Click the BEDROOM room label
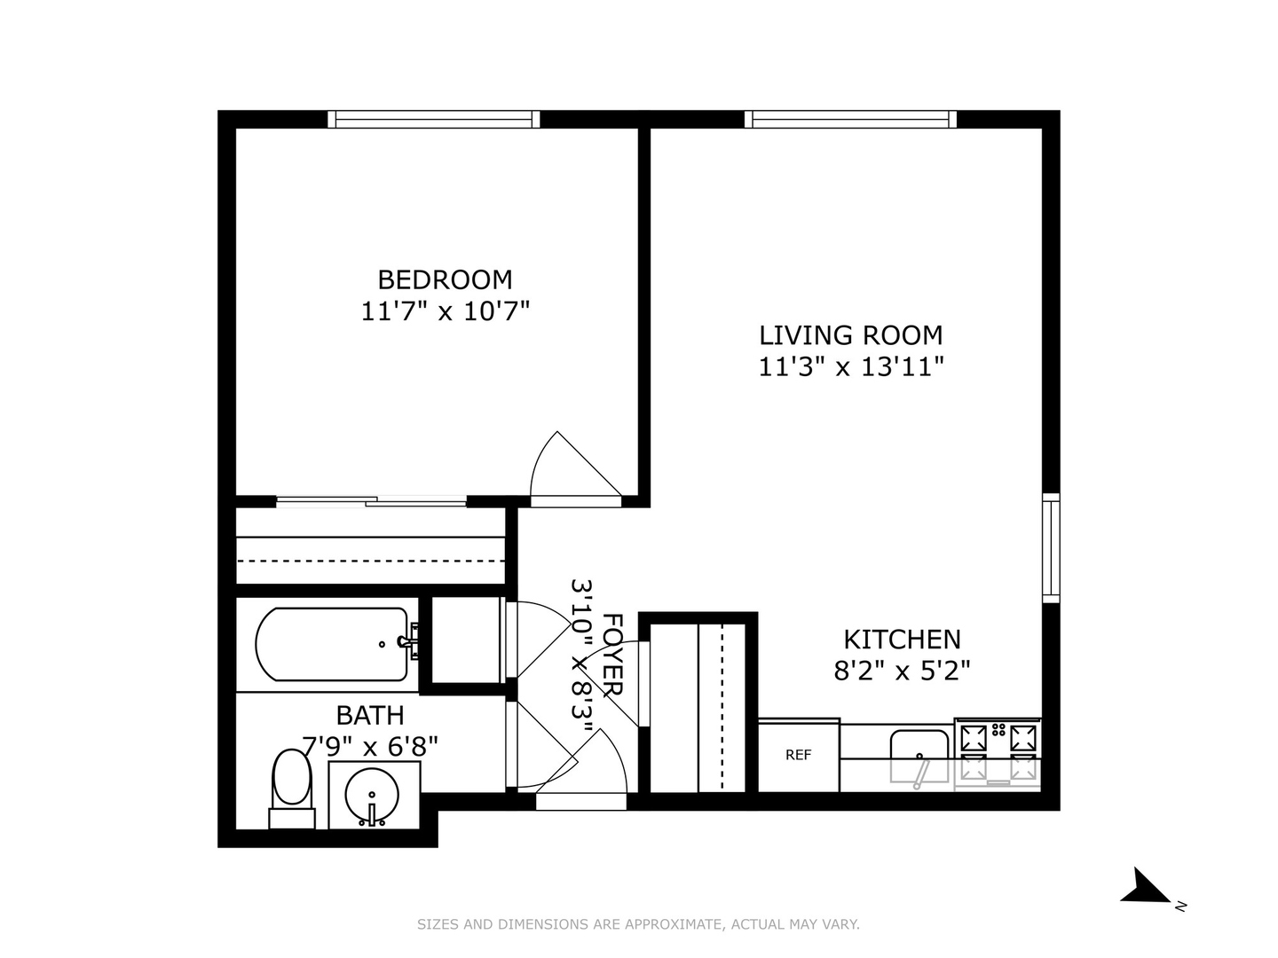445,279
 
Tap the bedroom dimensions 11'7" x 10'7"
445,311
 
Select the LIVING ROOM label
850,335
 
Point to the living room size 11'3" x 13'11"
850,366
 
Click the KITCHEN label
902,639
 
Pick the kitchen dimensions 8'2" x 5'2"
902,671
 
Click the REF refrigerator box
798,755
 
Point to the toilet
292,786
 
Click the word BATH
370,715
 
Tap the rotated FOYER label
612,654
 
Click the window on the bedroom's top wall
433,120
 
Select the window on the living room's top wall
850,120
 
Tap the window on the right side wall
1051,547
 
